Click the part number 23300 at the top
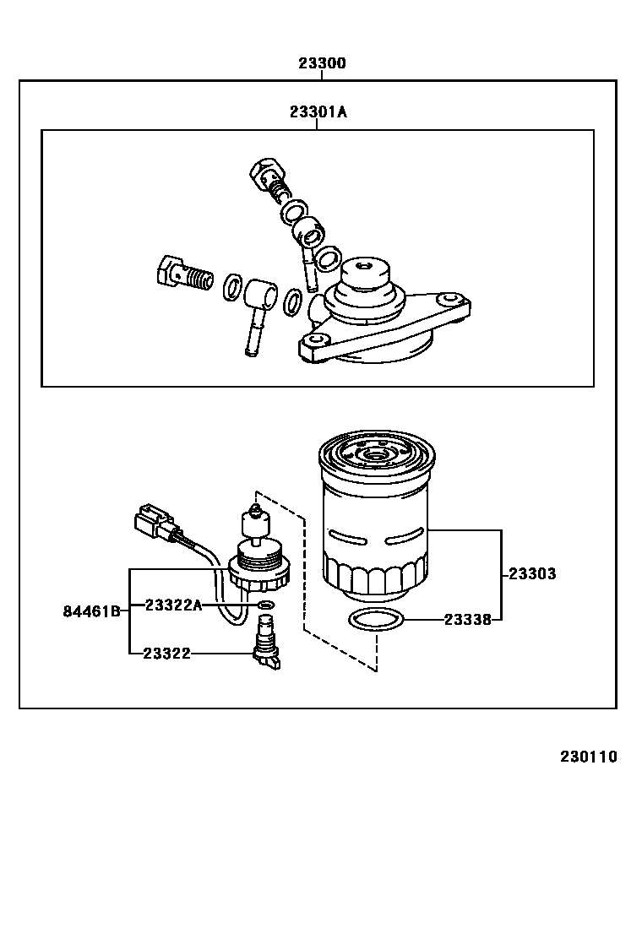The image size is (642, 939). coord(321,63)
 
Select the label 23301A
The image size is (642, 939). coord(318,112)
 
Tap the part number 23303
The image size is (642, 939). coord(532,574)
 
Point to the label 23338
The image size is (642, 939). coord(468,620)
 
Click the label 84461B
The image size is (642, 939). coord(91,611)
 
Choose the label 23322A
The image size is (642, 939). coord(173,605)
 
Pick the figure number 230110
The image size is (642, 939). coord(588,757)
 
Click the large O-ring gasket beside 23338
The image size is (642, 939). coord(376,620)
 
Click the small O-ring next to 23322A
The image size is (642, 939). coord(265,605)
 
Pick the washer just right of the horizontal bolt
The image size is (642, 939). coord(231,287)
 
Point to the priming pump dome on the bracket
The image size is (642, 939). coord(363,279)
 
